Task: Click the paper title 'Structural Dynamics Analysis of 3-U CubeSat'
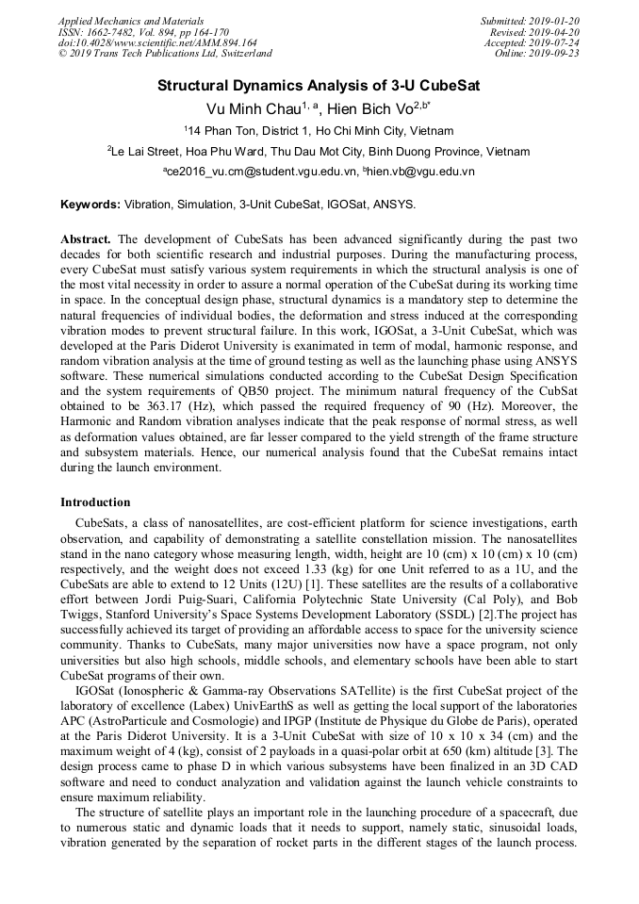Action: click(319, 85)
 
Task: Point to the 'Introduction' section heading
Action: click(95, 501)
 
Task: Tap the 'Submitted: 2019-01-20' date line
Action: click(530, 20)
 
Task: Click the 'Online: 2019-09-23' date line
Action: click(537, 54)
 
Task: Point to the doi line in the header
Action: click(157, 42)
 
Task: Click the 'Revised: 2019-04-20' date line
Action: click(533, 31)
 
